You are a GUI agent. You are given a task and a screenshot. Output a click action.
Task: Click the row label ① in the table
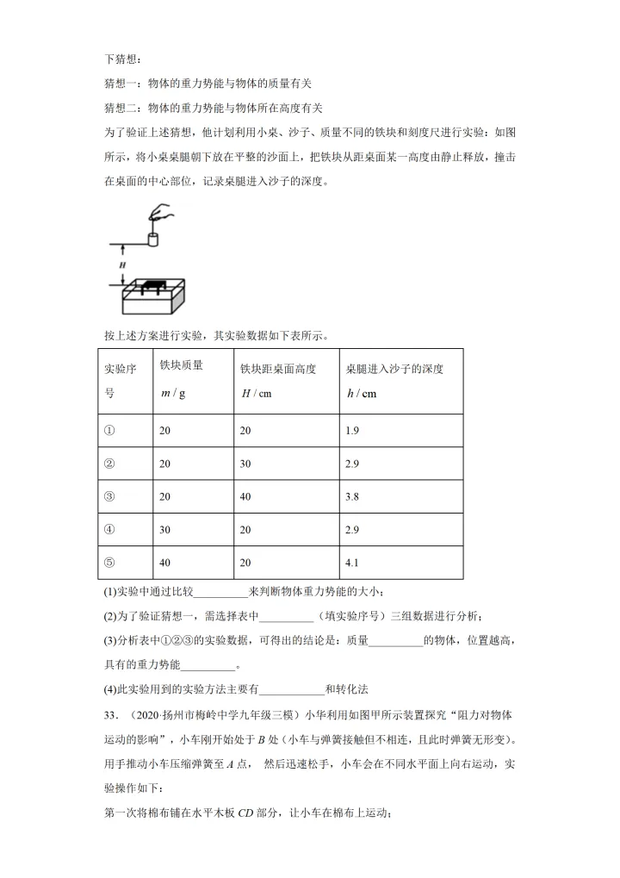109,429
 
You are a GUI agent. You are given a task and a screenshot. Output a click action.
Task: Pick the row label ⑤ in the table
109,564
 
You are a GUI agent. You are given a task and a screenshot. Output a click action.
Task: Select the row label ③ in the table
109,496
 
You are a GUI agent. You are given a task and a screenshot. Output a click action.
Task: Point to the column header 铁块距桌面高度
278,369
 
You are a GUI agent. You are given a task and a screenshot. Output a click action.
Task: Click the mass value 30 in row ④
165,530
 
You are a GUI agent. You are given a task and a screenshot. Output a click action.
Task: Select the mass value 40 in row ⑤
165,564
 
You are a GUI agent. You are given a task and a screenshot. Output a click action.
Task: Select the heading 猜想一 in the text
121,84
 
